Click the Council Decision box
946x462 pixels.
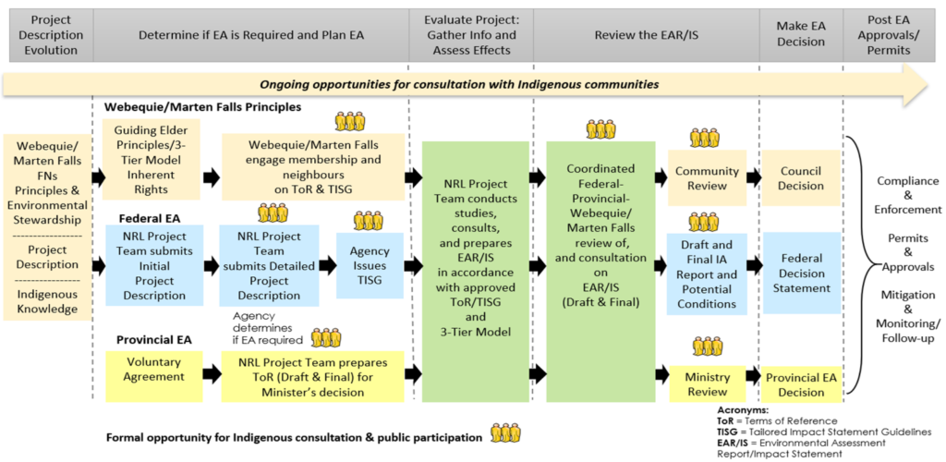point(801,178)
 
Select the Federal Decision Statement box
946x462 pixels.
point(801,273)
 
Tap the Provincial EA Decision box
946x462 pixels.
point(801,384)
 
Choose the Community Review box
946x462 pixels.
point(707,178)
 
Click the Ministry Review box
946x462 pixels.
point(707,384)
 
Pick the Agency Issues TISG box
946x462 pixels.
point(369,265)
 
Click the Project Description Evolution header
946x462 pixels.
point(46,35)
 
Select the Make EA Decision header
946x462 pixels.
point(800,35)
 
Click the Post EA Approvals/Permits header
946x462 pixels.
point(893,35)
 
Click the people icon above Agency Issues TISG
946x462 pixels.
point(369,220)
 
